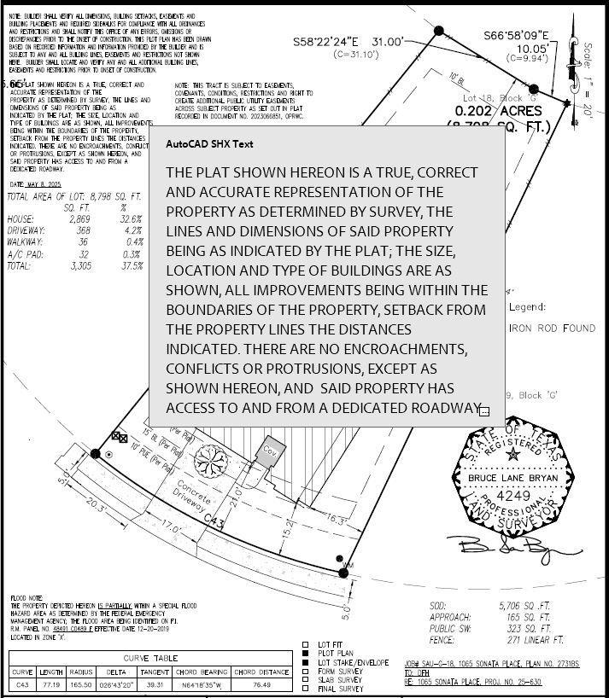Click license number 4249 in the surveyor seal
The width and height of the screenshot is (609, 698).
click(513, 494)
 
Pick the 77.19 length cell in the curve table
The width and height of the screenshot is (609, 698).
click(51, 685)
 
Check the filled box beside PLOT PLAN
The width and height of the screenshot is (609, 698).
click(306, 654)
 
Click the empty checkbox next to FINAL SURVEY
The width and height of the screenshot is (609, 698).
click(306, 689)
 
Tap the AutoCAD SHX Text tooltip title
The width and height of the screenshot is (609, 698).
click(209, 144)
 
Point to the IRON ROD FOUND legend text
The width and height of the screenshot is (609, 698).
click(552, 328)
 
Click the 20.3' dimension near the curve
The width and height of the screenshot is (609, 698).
click(96, 509)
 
